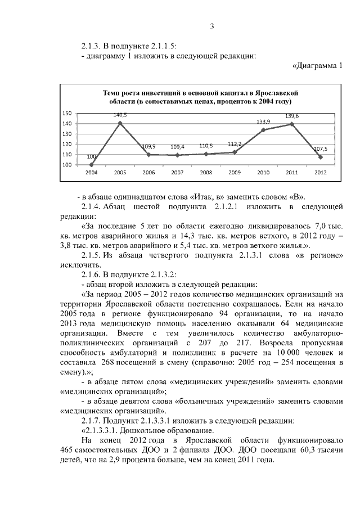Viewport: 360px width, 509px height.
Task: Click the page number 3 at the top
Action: [212, 26]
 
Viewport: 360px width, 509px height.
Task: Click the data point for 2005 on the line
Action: [120, 123]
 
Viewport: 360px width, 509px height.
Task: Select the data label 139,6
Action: [292, 116]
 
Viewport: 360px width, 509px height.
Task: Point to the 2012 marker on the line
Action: [320, 157]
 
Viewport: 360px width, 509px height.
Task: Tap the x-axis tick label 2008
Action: [206, 173]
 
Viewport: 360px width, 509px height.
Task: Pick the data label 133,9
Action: [263, 121]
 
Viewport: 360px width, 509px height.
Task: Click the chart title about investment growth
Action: [192, 96]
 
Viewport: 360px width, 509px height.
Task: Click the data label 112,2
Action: [234, 144]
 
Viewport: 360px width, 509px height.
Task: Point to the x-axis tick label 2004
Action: [91, 173]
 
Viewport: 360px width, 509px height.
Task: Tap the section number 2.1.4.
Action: [93, 207]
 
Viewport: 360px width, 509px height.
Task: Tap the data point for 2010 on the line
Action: [263, 130]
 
